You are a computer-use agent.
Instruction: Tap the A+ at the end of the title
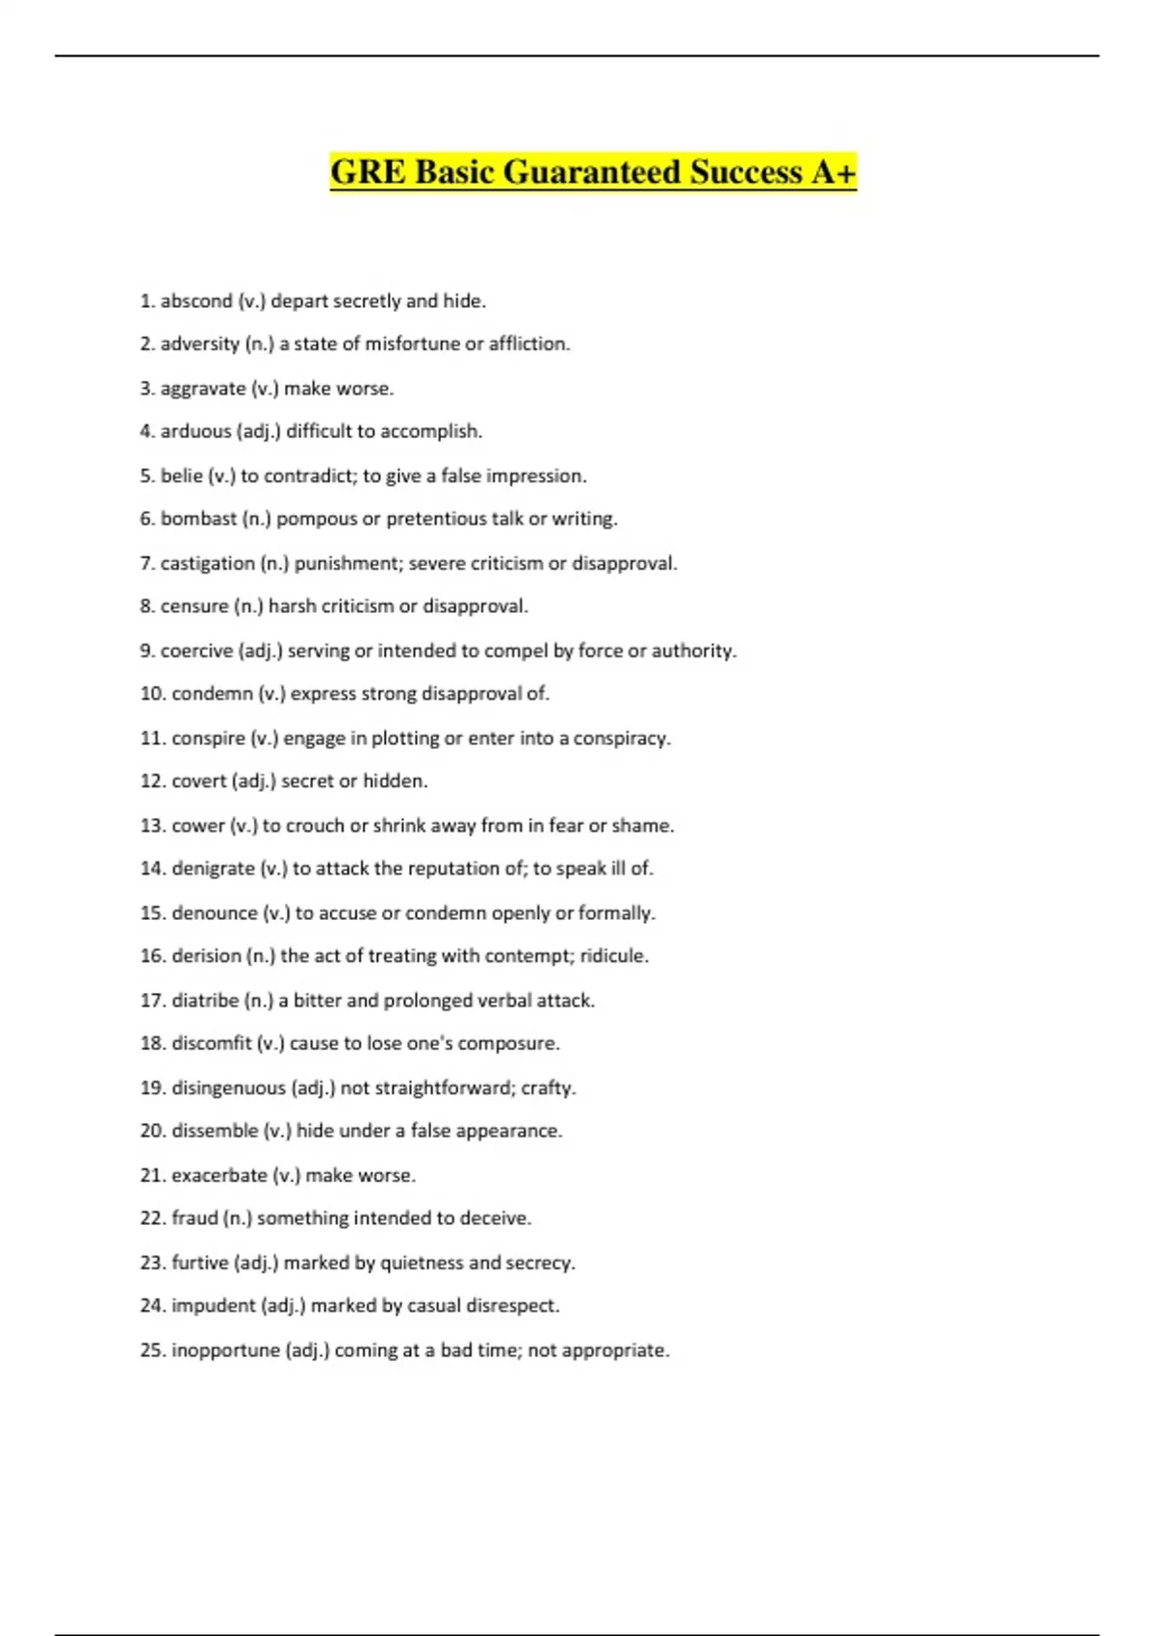coord(833,172)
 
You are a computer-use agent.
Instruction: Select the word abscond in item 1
coord(196,301)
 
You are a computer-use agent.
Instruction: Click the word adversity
coord(199,344)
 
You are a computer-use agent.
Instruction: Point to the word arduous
coord(195,431)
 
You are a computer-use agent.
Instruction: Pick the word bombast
coord(198,519)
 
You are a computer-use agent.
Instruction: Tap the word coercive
coord(196,651)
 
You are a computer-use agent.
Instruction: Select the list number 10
coord(152,694)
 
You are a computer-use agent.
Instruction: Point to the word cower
coord(197,826)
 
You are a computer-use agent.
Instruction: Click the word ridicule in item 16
coord(613,956)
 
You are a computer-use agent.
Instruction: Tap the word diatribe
coord(205,1001)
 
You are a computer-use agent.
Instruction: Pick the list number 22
coord(152,1218)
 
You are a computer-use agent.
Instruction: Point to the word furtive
coord(199,1263)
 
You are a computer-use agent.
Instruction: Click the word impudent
coord(213,1306)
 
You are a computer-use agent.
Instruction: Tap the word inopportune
coord(225,1350)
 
